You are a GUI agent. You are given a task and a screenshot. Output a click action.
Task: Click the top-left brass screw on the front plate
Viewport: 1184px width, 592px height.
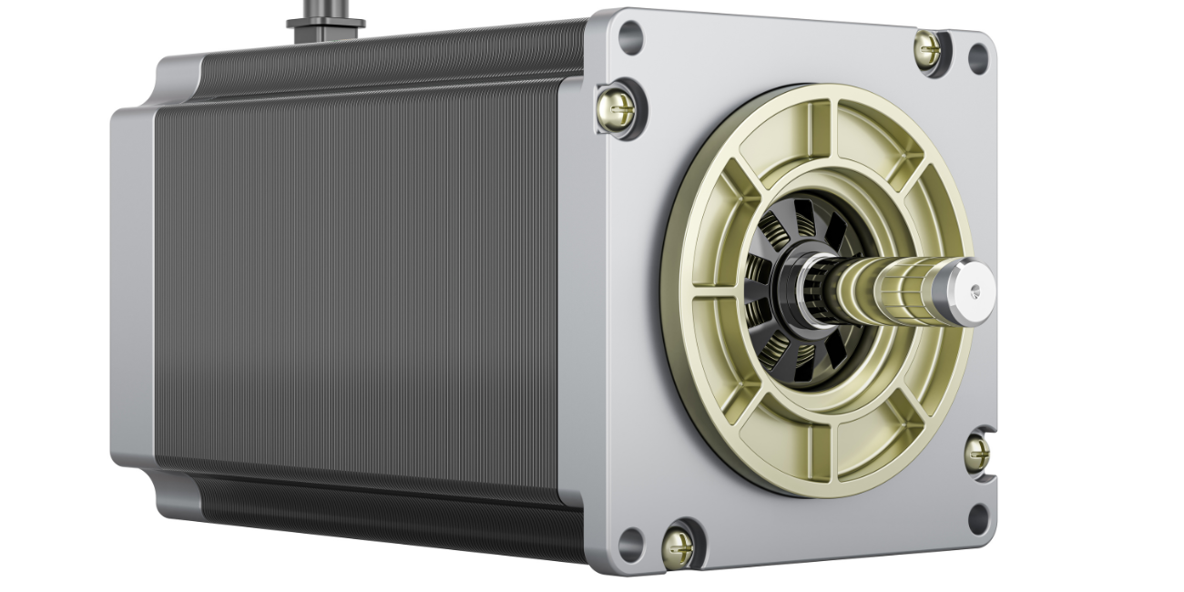[x=618, y=108]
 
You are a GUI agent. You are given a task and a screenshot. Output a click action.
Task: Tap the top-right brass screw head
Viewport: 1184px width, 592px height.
[x=928, y=50]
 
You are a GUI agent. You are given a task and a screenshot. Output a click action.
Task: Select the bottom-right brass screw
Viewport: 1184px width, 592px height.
[x=976, y=453]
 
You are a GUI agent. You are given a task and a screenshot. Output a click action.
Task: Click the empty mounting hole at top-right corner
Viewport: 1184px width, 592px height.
[x=977, y=58]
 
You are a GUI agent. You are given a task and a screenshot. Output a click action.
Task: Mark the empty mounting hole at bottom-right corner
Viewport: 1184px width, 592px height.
[x=978, y=518]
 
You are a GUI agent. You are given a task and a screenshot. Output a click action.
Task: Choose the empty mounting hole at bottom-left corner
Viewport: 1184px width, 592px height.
[x=630, y=545]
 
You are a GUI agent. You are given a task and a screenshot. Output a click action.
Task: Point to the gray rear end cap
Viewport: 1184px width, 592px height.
[x=132, y=291]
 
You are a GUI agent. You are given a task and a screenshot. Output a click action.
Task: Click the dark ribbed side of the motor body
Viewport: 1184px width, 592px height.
[x=364, y=291]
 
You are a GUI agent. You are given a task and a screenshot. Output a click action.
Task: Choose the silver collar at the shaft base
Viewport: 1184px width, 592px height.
[x=811, y=290]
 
